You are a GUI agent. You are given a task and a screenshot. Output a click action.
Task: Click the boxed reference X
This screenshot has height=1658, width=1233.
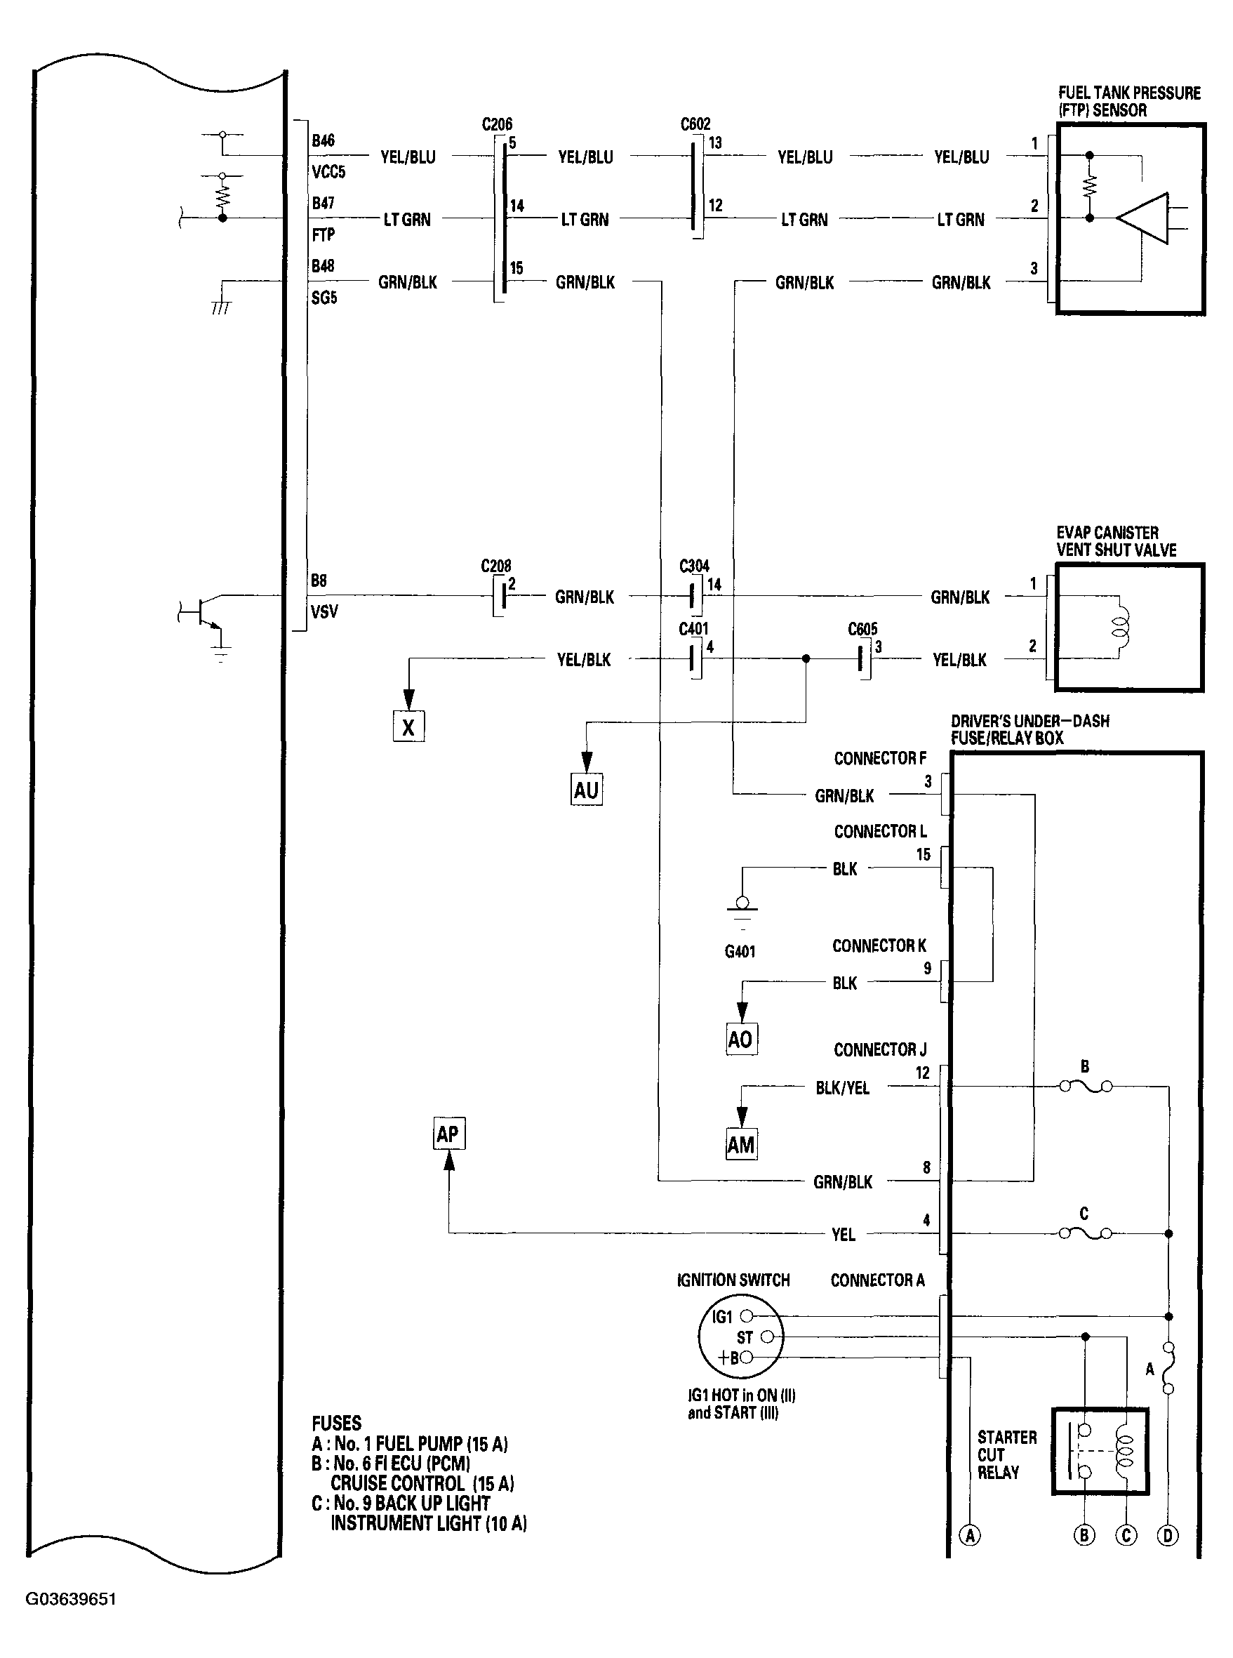coord(408,727)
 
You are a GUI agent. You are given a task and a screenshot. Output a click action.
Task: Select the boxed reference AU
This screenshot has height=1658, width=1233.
coord(586,790)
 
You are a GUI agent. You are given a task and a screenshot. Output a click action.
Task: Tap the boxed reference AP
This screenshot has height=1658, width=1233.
coord(448,1134)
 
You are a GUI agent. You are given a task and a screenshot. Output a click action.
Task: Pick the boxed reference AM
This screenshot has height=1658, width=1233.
coord(741,1144)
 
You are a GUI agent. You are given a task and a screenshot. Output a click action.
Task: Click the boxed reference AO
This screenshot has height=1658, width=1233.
coord(741,1038)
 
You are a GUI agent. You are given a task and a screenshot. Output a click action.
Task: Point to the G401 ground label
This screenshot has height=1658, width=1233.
coord(740,951)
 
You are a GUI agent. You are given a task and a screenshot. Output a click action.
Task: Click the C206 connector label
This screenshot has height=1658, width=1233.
coord(497,124)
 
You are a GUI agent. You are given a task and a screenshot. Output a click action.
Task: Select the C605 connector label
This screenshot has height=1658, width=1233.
coord(862,628)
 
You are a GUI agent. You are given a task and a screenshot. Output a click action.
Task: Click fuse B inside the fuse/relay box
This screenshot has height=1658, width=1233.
coord(1086,1086)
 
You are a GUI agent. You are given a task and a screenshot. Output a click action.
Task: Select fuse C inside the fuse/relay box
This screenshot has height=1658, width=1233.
coord(1085,1233)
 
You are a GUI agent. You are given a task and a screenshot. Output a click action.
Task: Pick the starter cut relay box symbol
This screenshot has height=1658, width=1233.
coord(1100,1451)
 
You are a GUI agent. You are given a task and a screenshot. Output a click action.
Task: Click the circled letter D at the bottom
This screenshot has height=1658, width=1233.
coord(1167,1536)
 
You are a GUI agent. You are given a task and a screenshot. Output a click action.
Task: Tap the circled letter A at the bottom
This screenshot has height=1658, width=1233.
coord(970,1536)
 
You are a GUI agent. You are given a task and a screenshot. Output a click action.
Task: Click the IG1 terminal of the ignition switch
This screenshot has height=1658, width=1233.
coord(745,1316)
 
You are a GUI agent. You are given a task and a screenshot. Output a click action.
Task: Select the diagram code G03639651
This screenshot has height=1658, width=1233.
coord(71,1599)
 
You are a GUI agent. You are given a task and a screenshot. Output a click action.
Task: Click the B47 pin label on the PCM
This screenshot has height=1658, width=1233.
coord(324,203)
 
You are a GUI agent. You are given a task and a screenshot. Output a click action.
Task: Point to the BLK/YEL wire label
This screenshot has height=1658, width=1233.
coord(842,1087)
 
